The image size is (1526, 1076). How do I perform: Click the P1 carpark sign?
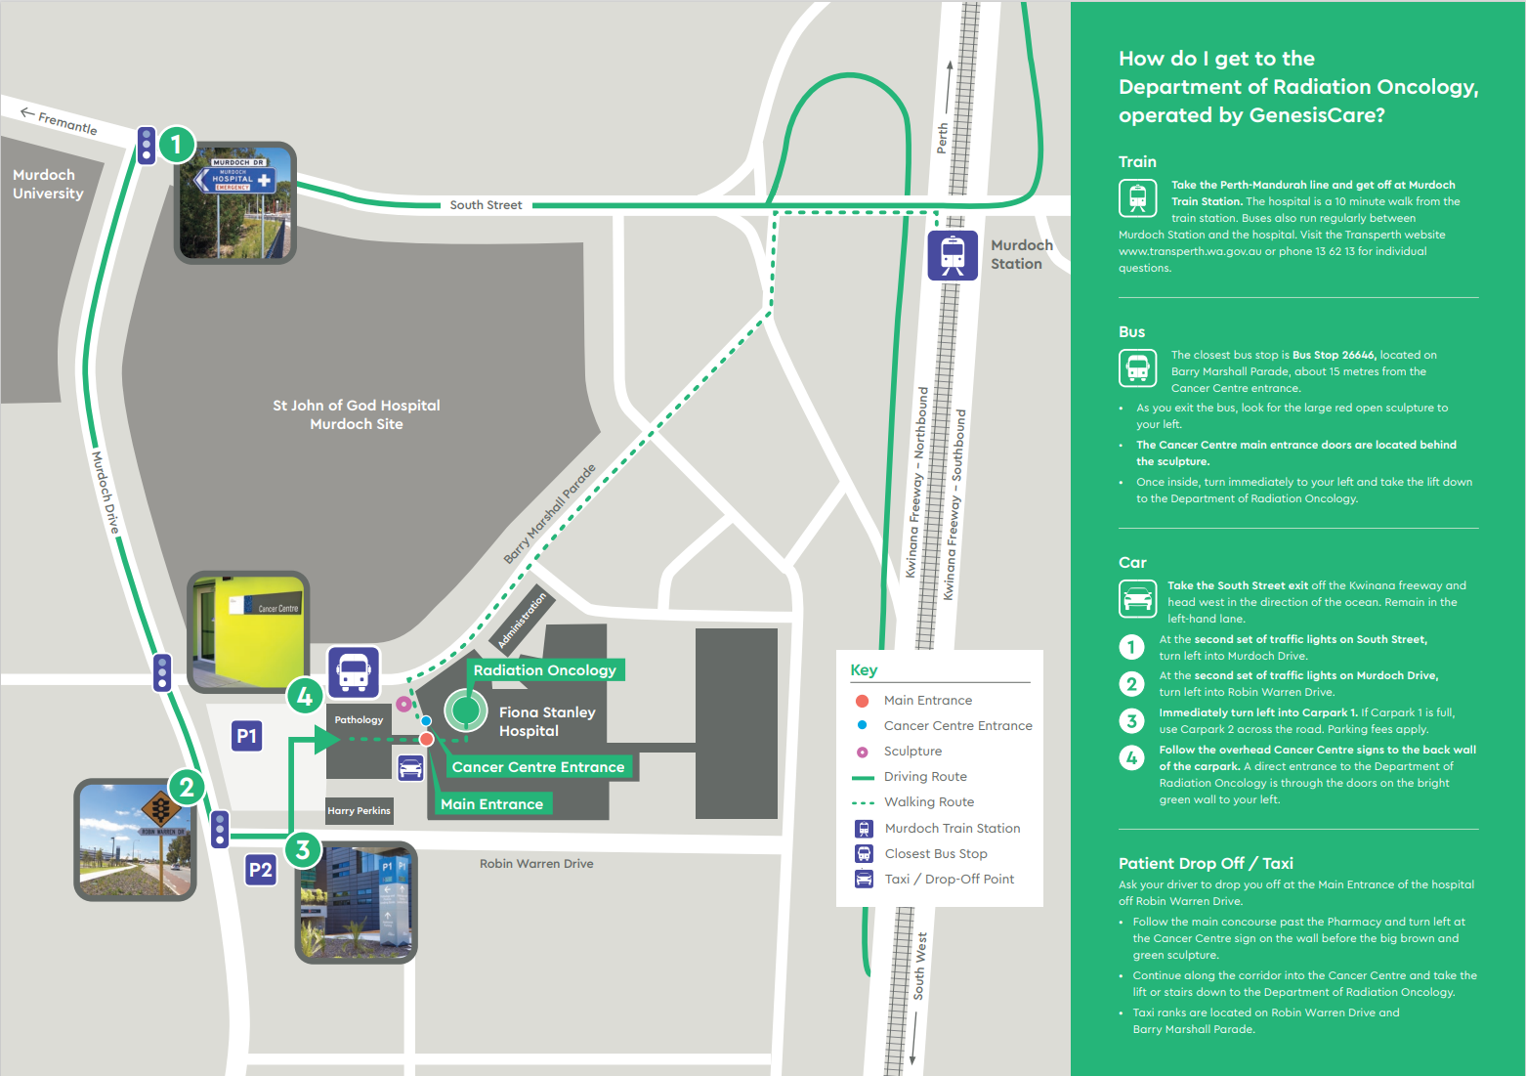pos(246,735)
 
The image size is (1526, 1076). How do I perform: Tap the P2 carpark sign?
pos(261,870)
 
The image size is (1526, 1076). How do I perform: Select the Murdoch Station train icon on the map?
pos(953,255)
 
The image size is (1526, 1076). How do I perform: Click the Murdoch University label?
pos(48,184)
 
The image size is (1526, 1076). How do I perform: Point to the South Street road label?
pos(486,204)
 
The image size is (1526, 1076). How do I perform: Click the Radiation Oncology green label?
pos(545,669)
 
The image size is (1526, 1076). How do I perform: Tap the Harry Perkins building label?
pos(359,810)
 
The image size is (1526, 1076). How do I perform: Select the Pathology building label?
pos(359,719)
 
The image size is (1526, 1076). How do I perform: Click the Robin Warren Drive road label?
pos(536,863)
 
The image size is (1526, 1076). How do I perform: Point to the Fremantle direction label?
pos(60,121)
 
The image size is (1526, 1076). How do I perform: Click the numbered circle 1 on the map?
pos(177,145)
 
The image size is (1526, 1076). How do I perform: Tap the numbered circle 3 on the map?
pos(303,850)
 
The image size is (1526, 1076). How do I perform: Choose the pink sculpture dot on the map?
pos(403,704)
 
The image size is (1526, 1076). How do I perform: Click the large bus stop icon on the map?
pos(355,672)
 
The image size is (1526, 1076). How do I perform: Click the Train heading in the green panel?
pos(1137,161)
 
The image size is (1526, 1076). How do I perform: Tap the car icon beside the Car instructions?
pos(1137,598)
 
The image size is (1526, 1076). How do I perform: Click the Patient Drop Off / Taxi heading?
pos(1206,863)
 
